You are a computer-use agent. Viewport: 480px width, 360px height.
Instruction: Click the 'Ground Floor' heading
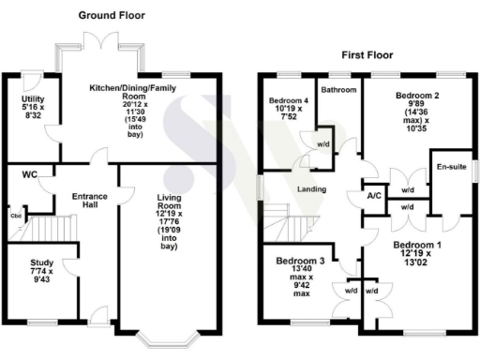pos(112,16)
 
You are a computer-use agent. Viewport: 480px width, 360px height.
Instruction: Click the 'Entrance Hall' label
pos(90,202)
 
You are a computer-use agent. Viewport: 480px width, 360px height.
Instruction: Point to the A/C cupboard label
pos(372,195)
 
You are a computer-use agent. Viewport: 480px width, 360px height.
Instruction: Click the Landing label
pos(311,190)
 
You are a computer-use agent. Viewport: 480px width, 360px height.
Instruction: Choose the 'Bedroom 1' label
pos(412,246)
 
